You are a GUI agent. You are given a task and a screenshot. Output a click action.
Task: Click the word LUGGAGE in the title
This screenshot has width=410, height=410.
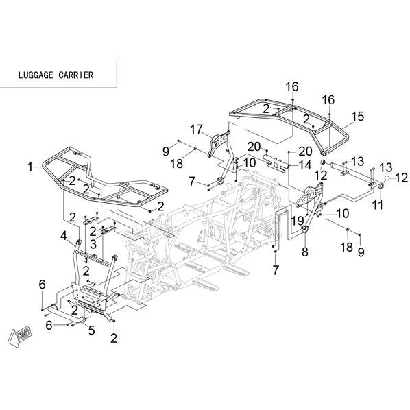click(x=36, y=75)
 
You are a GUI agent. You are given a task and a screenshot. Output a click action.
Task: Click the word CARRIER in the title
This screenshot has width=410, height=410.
click(x=76, y=75)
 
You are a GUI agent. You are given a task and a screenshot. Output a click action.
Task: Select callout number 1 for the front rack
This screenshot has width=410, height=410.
click(x=31, y=167)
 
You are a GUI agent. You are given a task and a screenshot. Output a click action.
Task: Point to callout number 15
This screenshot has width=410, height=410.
click(x=357, y=117)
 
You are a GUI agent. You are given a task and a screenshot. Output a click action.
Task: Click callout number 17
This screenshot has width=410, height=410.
click(x=196, y=129)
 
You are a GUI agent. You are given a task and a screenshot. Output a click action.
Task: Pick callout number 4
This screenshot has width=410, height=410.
click(x=64, y=236)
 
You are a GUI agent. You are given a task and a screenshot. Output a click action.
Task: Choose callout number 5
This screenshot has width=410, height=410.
click(x=91, y=330)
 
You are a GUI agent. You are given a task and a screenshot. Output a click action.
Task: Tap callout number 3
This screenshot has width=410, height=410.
click(x=93, y=244)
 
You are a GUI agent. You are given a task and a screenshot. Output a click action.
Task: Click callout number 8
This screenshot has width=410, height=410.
click(x=305, y=252)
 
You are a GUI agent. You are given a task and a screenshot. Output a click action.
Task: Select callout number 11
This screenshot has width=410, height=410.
click(x=377, y=205)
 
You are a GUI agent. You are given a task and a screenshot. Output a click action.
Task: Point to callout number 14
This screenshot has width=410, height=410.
click(x=305, y=165)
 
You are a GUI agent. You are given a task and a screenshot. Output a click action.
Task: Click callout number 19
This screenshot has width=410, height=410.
click(x=298, y=220)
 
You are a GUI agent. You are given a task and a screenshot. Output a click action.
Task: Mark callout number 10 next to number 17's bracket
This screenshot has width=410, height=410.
click(x=250, y=162)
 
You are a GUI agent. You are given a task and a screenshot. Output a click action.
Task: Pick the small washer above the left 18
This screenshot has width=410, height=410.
click(x=195, y=149)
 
